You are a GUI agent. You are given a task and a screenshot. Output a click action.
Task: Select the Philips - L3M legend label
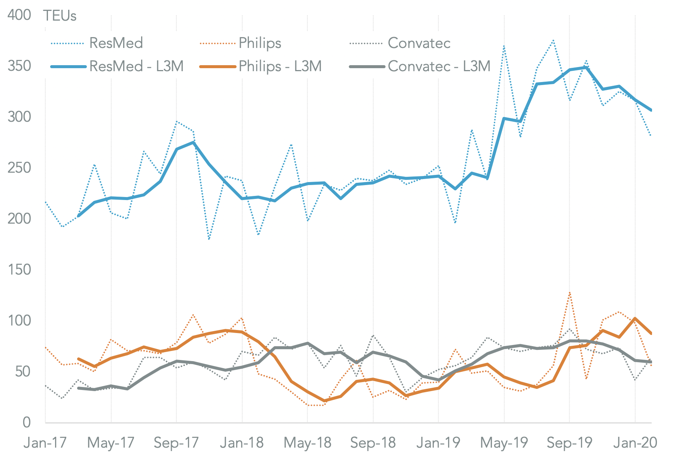[x=280, y=66]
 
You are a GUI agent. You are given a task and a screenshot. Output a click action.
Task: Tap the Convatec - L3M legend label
[x=439, y=66]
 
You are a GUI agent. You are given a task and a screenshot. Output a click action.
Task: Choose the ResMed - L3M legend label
[x=136, y=66]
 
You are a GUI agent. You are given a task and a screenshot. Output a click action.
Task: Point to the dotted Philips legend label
[x=260, y=43]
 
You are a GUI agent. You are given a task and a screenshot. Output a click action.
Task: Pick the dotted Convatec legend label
[x=419, y=43]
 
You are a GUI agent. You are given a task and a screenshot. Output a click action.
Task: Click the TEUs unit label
[x=60, y=16]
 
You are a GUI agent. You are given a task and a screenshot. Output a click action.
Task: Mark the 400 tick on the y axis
[x=19, y=15]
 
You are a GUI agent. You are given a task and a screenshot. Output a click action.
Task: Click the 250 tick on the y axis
[x=19, y=168]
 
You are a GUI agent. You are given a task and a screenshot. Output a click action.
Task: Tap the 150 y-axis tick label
[x=19, y=270]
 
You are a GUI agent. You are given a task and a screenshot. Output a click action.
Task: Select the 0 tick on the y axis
[x=26, y=423]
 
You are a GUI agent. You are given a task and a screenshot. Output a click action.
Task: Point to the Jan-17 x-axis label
[x=45, y=443]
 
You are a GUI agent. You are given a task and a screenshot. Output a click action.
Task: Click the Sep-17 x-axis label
[x=176, y=443]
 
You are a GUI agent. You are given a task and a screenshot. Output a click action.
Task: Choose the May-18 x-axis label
[x=307, y=443]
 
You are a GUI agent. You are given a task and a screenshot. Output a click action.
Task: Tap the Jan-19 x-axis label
[x=438, y=443]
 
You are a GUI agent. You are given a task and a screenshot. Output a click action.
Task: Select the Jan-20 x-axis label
[x=635, y=443]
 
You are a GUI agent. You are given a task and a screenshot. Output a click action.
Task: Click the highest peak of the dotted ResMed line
[x=553, y=40]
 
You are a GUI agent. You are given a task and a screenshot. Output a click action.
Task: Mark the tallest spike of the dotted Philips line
[x=570, y=293]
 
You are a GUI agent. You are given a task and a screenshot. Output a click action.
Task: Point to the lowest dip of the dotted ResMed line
[x=209, y=239]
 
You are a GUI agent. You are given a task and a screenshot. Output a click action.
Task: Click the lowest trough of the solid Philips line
[x=324, y=401]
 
